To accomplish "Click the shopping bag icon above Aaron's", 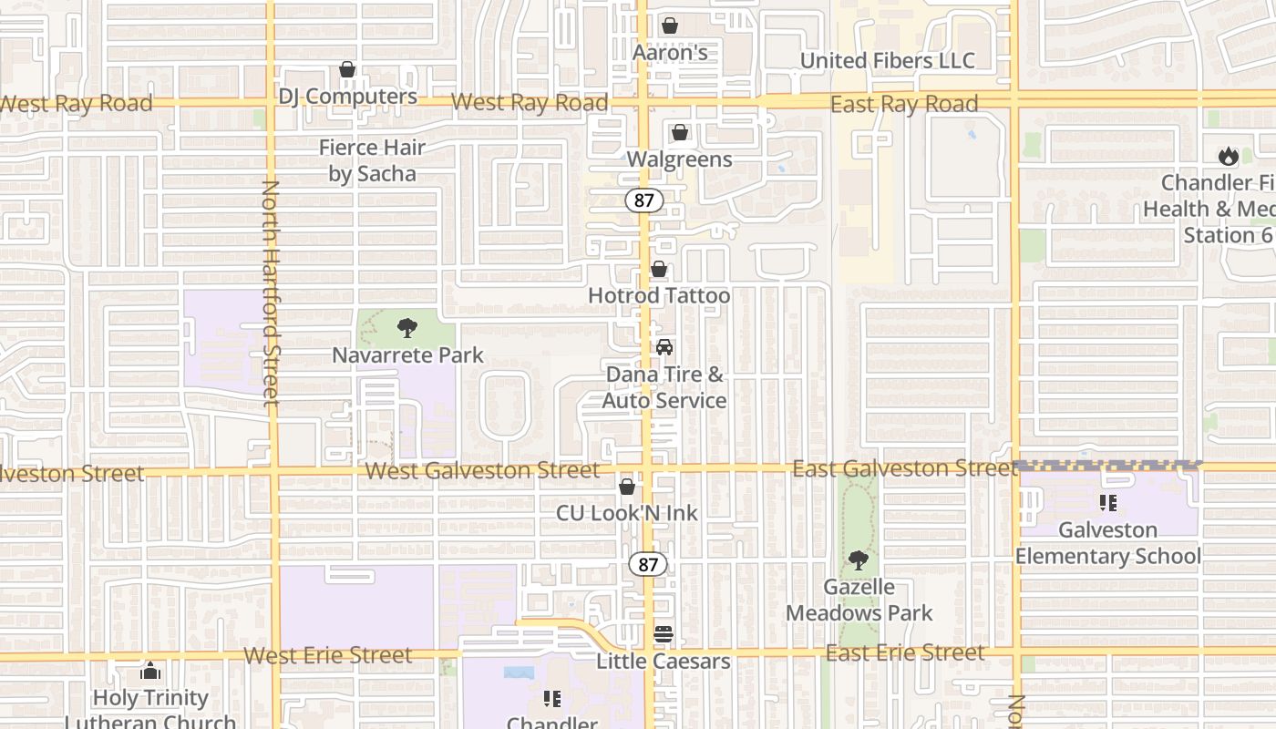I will pyautogui.click(x=670, y=26).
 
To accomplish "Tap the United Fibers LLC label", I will pyautogui.click(x=887, y=61).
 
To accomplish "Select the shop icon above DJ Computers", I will pyautogui.click(x=346, y=69).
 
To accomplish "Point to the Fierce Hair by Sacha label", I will pyautogui.click(x=372, y=160).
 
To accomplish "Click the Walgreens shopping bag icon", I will pyautogui.click(x=679, y=133).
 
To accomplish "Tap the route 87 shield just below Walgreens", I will pyautogui.click(x=643, y=200).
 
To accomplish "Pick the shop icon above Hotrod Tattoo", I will pyautogui.click(x=658, y=270).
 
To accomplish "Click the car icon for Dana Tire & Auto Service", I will pyautogui.click(x=664, y=347).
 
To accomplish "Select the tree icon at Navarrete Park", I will pyautogui.click(x=407, y=328).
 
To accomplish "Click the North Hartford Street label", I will pyautogui.click(x=271, y=293).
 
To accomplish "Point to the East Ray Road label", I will pyautogui.click(x=903, y=104).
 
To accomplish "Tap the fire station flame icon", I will pyautogui.click(x=1228, y=157).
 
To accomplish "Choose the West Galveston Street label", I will pyautogui.click(x=482, y=470).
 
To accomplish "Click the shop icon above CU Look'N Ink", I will pyautogui.click(x=627, y=487).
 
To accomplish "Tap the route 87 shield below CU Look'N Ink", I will pyautogui.click(x=648, y=564).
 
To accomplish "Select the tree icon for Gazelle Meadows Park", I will pyautogui.click(x=858, y=560).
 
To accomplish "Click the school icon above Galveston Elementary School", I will pyautogui.click(x=1108, y=502).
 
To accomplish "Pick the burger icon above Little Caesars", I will pyautogui.click(x=664, y=634).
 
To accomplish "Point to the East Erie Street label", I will pyautogui.click(x=905, y=652).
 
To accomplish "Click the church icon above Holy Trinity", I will pyautogui.click(x=150, y=672).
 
